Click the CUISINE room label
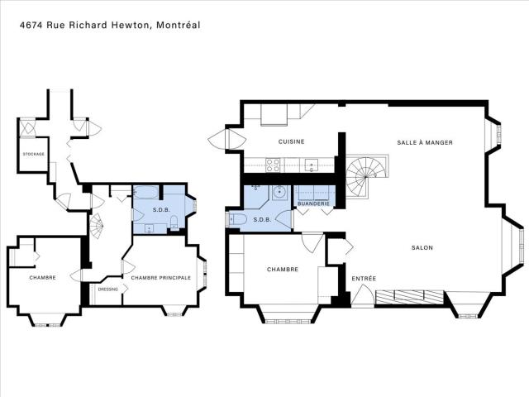(x=291, y=141)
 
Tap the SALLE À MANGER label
(x=425, y=142)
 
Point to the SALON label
(x=422, y=248)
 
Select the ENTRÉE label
(x=364, y=279)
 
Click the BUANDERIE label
(x=313, y=204)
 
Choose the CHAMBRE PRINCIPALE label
(x=160, y=278)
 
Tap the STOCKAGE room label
(x=33, y=154)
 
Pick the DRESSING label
(x=108, y=289)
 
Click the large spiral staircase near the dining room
(x=362, y=176)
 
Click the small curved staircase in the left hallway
(x=97, y=226)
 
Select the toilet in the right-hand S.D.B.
(x=237, y=219)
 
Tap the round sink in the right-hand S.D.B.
(x=280, y=193)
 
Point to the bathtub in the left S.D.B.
(x=145, y=193)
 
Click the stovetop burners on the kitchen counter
(x=272, y=165)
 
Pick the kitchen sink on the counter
(x=311, y=165)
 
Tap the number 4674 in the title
(x=31, y=25)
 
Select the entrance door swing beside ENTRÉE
(x=362, y=295)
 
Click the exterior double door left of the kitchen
(x=226, y=139)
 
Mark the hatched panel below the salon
(x=409, y=297)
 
